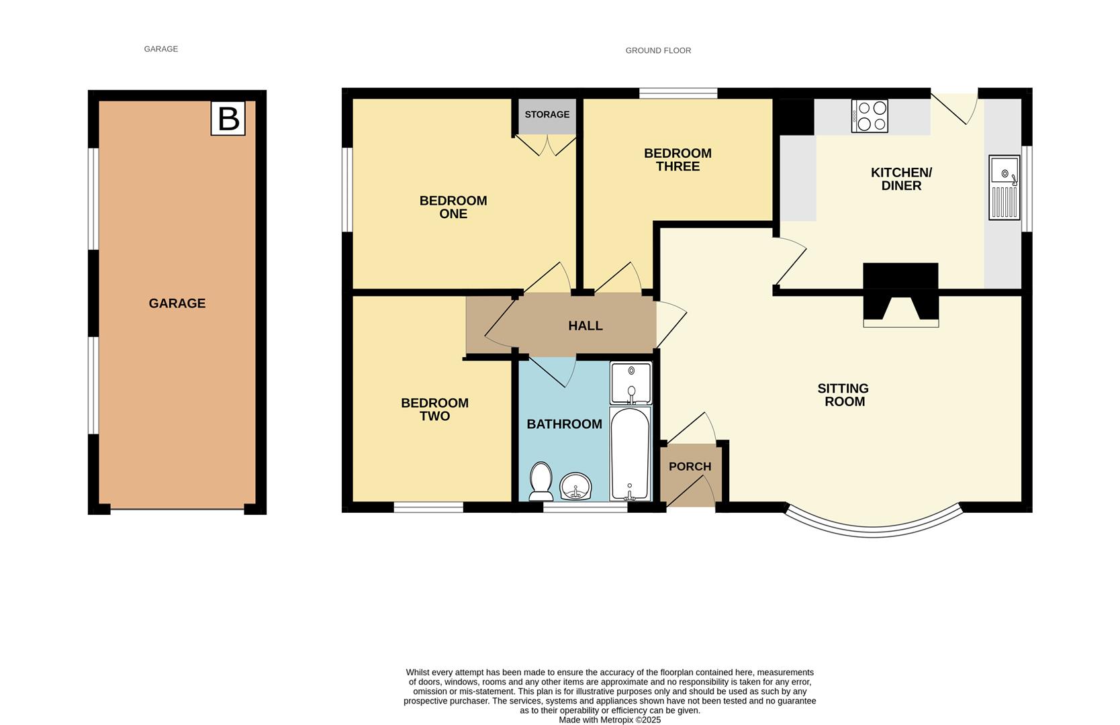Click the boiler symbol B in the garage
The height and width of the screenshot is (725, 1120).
click(x=228, y=118)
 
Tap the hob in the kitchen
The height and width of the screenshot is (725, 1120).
click(x=870, y=116)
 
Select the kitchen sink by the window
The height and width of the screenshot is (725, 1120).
click(x=1004, y=187)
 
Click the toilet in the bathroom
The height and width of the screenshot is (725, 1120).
click(x=541, y=481)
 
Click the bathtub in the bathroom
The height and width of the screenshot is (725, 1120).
click(x=629, y=454)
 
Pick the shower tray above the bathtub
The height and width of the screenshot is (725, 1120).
click(x=631, y=383)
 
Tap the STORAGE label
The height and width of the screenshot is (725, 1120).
click(x=547, y=115)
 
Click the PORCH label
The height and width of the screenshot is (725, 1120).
click(x=690, y=467)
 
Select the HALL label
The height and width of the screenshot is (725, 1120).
click(x=585, y=326)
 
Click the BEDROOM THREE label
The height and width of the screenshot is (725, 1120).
click(x=678, y=160)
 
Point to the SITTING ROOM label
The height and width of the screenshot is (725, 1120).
click(x=843, y=395)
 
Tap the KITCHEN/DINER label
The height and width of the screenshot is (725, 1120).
click(x=901, y=179)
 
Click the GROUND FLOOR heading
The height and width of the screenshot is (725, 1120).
click(x=658, y=50)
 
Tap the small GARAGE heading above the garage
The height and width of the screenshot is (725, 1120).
click(x=160, y=49)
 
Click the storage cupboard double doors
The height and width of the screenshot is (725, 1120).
click(x=547, y=144)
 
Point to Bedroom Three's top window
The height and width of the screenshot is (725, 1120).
click(x=678, y=93)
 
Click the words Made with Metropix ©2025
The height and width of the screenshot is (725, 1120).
click(x=610, y=720)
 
